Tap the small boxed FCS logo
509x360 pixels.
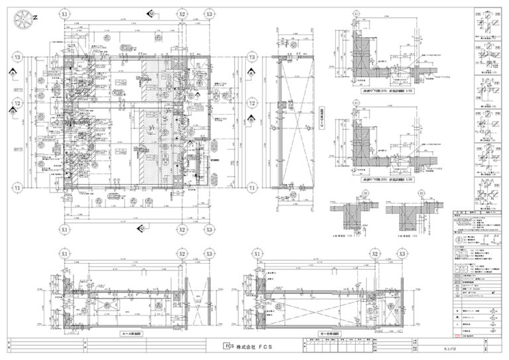pyautogui.click(x=227, y=346)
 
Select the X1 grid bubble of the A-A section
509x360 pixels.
pyautogui.click(x=64, y=254)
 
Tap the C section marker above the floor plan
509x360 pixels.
pyautogui.click(x=152, y=13)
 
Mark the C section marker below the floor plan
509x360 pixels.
pyautogui.click(x=141, y=229)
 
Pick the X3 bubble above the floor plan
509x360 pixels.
pyautogui.click(x=209, y=13)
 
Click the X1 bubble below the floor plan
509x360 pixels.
pyautogui.click(x=64, y=229)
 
